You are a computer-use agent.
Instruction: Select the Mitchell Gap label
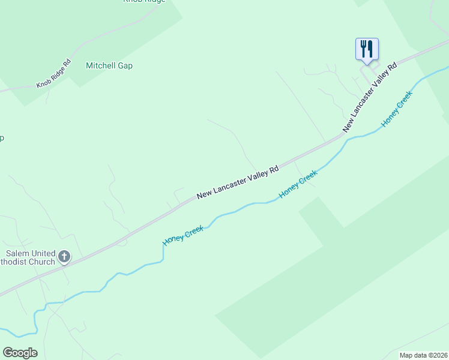click(x=109, y=65)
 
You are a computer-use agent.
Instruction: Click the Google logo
click(x=20, y=353)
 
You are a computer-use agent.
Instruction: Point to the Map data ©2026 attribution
click(x=424, y=355)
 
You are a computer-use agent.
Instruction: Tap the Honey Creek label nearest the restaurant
click(x=397, y=109)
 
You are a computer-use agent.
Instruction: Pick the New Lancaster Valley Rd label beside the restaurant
click(x=370, y=97)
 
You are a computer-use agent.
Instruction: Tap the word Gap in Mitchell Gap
click(x=125, y=65)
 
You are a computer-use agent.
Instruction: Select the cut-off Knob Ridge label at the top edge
click(x=144, y=2)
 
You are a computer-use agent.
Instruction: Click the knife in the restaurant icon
click(x=370, y=48)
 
